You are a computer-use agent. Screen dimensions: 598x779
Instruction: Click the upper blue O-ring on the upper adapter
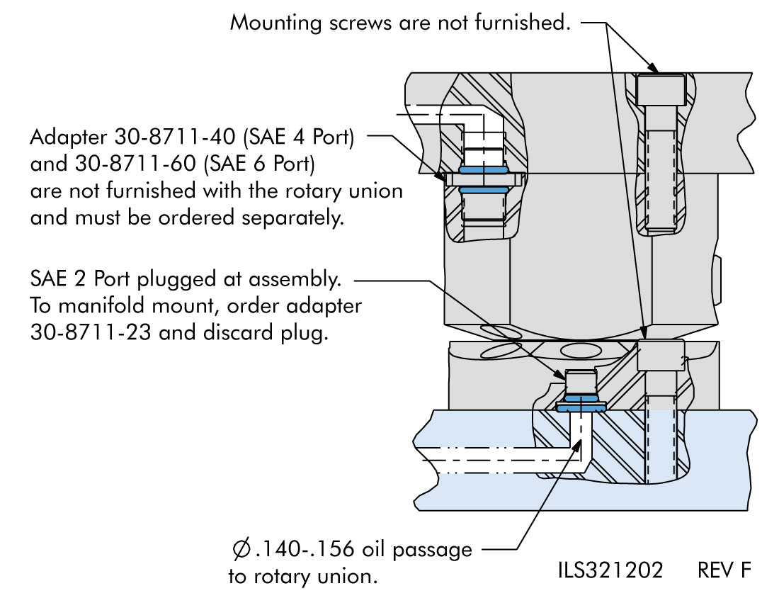(x=483, y=171)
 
